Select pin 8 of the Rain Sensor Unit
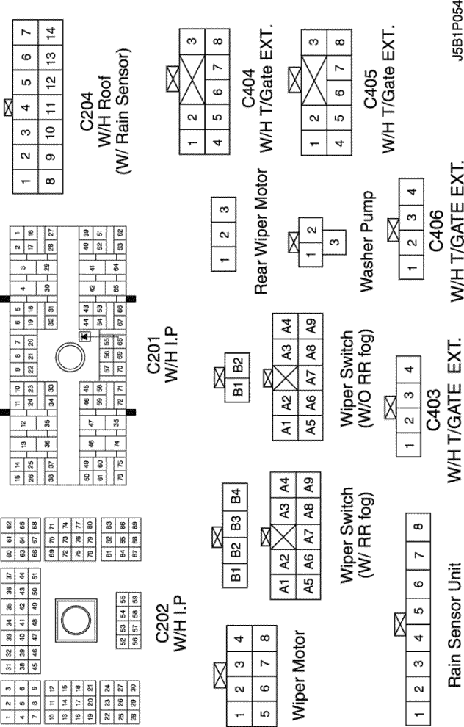pyautogui.click(x=419, y=527)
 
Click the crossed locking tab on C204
pyautogui.click(x=8, y=108)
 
